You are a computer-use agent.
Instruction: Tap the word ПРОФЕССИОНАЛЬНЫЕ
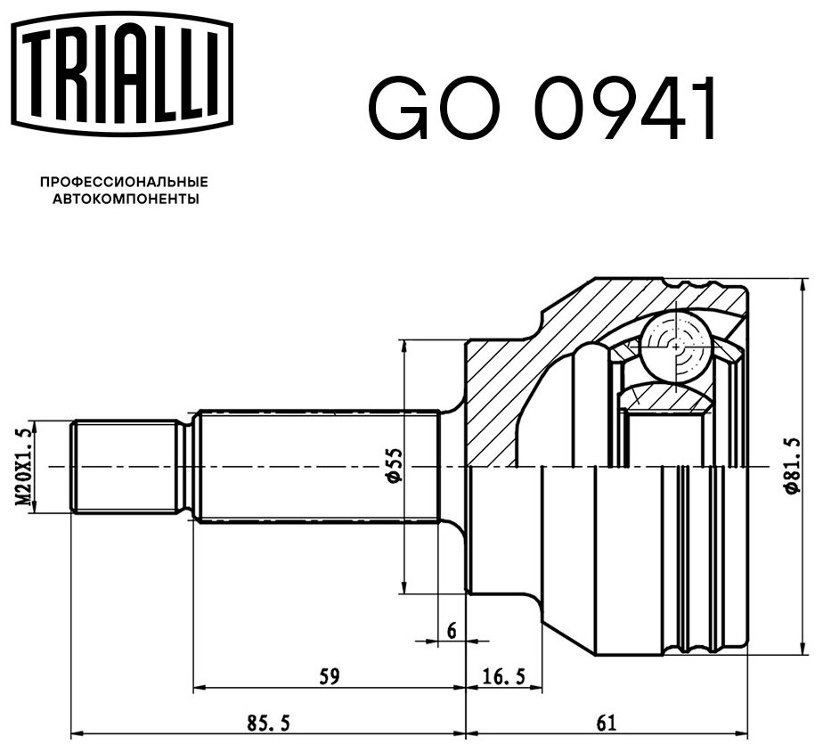click(x=125, y=183)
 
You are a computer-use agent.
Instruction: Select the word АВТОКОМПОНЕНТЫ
click(x=126, y=200)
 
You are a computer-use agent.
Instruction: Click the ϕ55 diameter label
click(x=395, y=465)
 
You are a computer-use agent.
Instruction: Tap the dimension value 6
click(x=452, y=630)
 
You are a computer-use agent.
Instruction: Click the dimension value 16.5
click(x=503, y=676)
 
